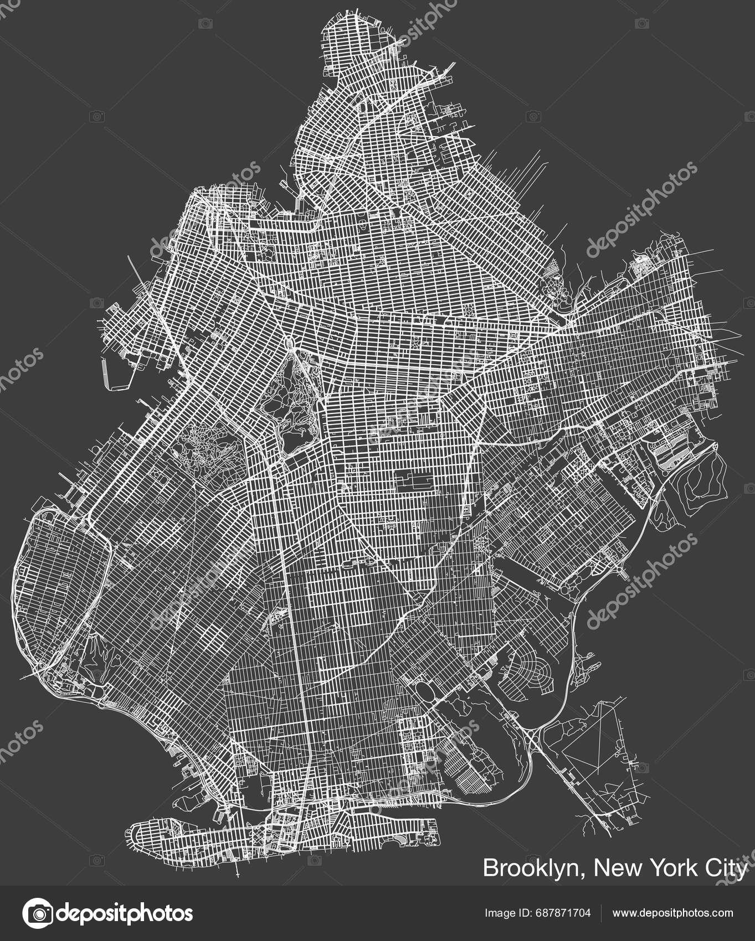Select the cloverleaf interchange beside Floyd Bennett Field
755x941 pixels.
[x=532, y=736]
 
